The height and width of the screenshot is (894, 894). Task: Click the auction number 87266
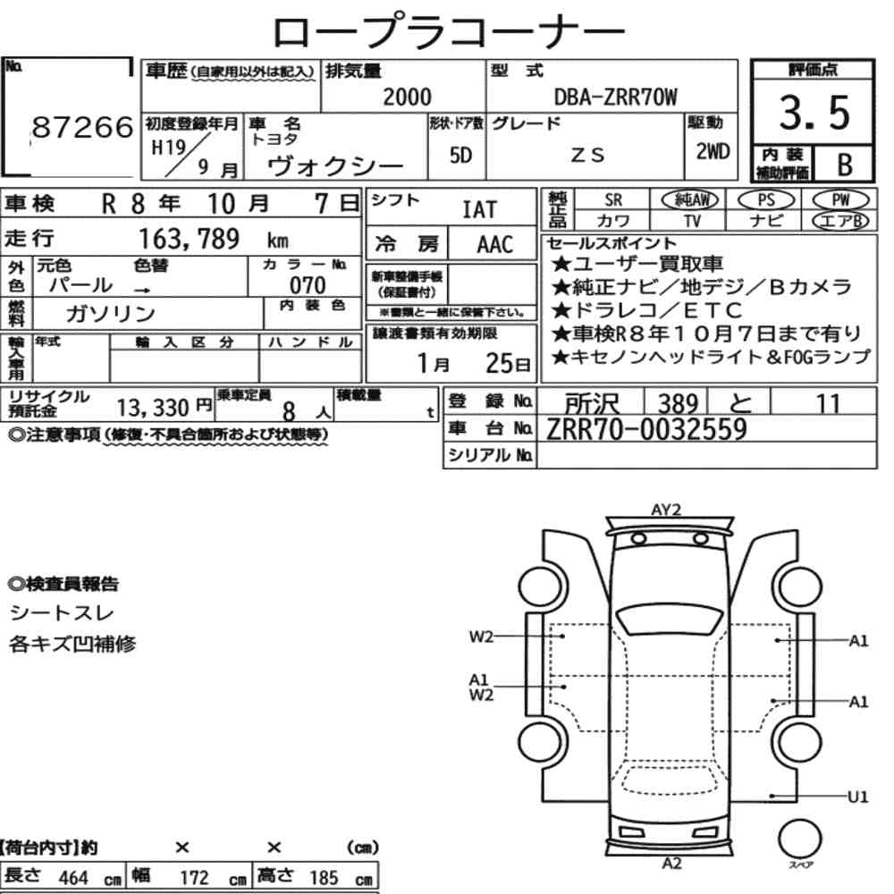82,127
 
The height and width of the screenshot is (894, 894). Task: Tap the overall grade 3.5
814,113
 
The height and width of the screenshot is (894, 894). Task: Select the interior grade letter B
845,164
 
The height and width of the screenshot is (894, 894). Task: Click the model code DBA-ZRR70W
616,97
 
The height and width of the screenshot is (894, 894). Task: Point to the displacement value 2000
407,97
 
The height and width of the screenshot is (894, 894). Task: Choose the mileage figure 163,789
190,239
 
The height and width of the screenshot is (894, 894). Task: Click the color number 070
308,285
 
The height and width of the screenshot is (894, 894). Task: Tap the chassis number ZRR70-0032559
646,429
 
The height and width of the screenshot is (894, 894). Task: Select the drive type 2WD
713,152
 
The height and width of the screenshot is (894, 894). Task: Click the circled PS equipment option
766,200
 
